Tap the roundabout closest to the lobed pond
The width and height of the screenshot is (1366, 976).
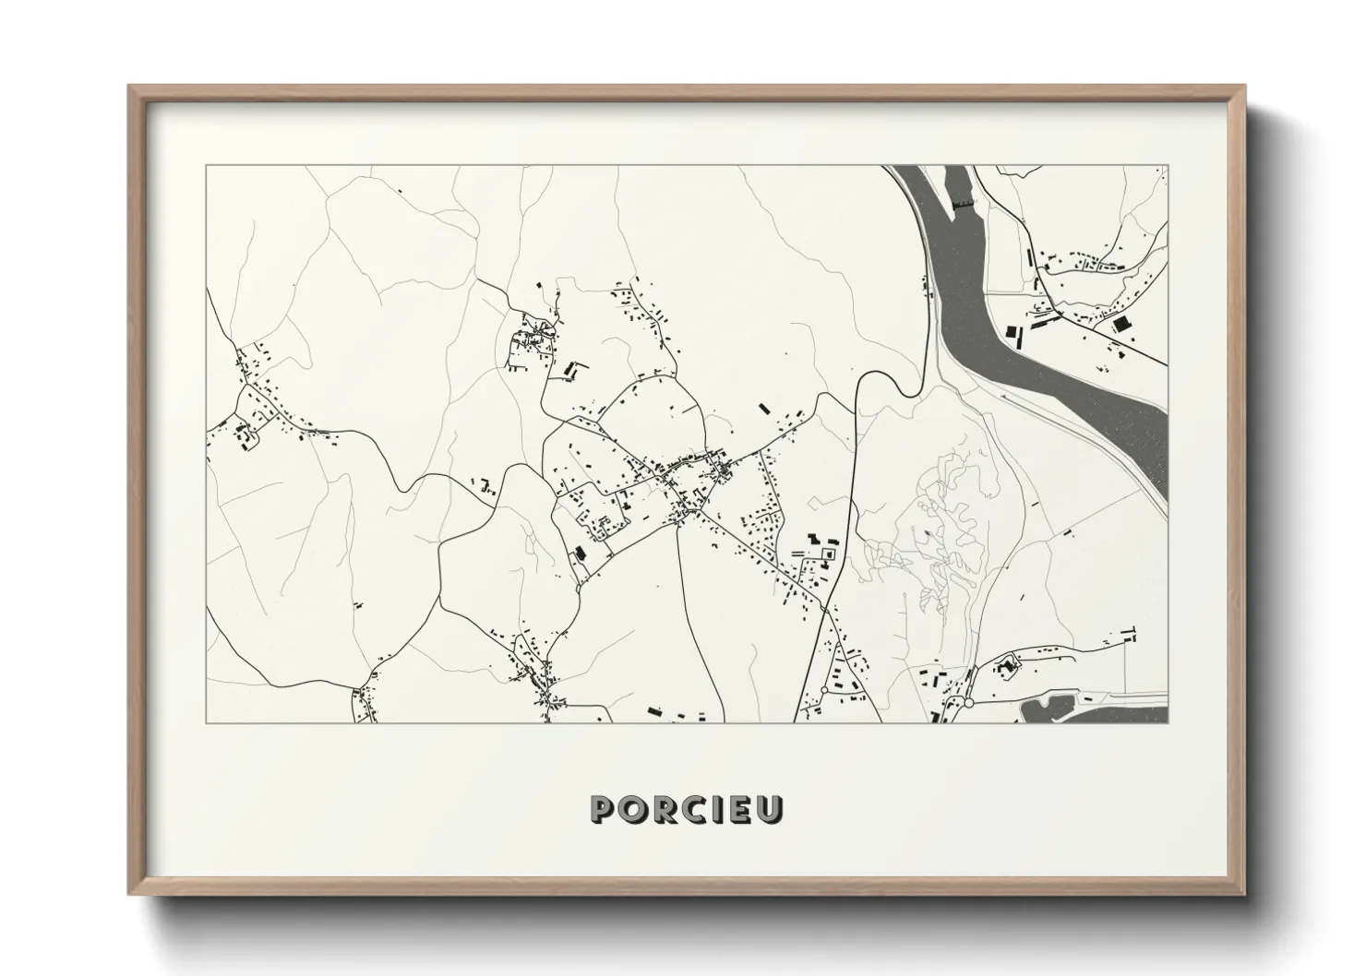tap(969, 702)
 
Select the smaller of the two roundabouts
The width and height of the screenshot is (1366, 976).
tap(822, 690)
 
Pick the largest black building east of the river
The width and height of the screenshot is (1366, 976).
tap(1122, 325)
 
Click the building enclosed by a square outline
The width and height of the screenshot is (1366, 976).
tap(828, 553)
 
